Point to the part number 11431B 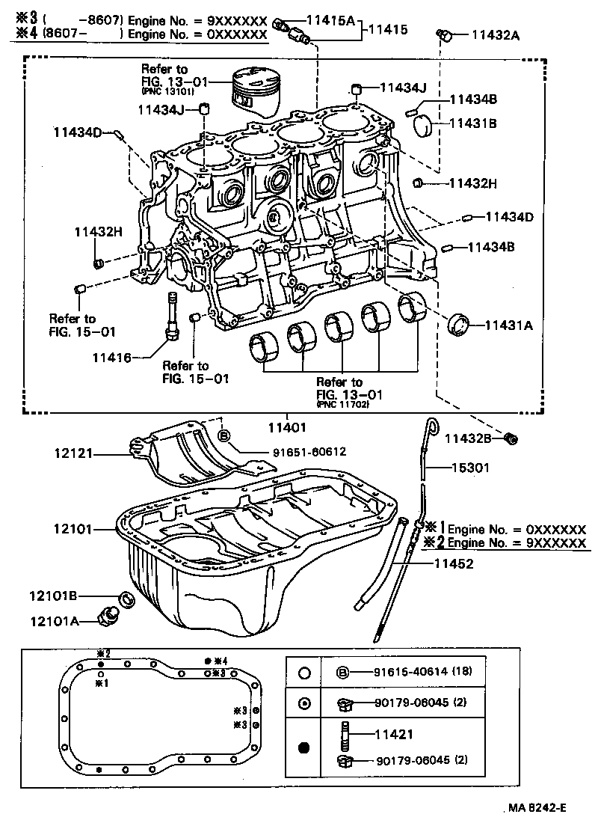pos(472,123)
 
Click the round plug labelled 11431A pos(457,325)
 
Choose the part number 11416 pos(111,358)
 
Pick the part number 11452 pos(454,564)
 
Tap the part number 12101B pos(55,596)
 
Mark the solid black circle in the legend pos(303,747)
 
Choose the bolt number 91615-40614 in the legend pos(410,672)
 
